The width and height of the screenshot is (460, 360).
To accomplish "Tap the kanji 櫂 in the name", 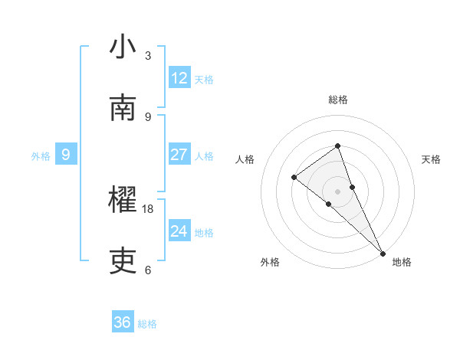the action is [123, 201].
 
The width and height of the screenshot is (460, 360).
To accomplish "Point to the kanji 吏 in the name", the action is [123, 261].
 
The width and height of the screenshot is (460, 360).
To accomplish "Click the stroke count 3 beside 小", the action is [148, 56].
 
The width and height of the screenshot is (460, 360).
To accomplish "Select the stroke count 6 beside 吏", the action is [148, 270].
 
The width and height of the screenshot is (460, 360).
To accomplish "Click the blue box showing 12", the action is [179, 78].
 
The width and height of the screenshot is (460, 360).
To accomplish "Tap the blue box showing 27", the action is [179, 155].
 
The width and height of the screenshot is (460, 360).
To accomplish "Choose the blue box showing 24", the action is [179, 231].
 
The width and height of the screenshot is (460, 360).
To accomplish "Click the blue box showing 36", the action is [123, 322].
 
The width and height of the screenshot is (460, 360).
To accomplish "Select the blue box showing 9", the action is [66, 155].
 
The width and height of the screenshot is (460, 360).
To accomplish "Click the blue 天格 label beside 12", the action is [204, 80].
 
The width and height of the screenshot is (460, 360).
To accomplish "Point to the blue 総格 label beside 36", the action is [147, 324].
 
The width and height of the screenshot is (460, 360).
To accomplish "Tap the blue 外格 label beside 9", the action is [41, 156].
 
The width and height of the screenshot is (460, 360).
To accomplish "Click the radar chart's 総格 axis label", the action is [337, 100].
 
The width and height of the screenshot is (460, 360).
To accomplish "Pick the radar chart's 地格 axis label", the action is [402, 262].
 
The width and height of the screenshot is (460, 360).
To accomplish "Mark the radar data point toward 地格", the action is [383, 252].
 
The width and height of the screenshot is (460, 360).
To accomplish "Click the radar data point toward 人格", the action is [294, 177].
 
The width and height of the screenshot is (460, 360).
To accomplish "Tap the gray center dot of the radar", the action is [337, 191].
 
